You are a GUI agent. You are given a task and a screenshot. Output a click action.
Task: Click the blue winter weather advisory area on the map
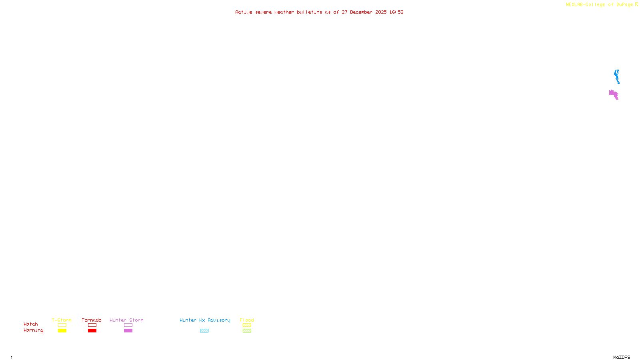click(x=617, y=76)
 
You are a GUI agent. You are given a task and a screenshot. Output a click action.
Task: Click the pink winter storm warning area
click(x=613, y=94)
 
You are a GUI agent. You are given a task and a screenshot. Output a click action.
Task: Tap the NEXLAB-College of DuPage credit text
click(x=599, y=5)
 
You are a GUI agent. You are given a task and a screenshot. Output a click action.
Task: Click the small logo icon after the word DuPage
click(x=636, y=4)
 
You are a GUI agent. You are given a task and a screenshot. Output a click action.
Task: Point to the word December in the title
click(x=361, y=12)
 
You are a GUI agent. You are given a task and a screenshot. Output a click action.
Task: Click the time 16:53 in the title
click(x=396, y=12)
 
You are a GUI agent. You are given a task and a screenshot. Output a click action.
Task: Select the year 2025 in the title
click(x=381, y=12)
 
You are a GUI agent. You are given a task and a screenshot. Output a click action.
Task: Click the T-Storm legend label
click(x=62, y=320)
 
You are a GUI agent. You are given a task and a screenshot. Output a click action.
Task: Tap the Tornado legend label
click(x=92, y=320)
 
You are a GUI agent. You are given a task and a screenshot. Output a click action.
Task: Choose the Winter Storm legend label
click(x=126, y=320)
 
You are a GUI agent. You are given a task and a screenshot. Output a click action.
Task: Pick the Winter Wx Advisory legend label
click(x=205, y=320)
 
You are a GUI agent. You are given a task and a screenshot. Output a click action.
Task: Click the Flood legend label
click(x=247, y=320)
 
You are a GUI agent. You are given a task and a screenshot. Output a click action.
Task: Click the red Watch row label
click(x=31, y=324)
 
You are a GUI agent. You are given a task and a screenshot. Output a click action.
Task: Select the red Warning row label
click(x=33, y=330)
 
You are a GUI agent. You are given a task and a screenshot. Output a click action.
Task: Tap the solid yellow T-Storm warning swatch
click(x=62, y=331)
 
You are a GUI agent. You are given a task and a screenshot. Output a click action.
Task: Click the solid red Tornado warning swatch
click(x=92, y=331)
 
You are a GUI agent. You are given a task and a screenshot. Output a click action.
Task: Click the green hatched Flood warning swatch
click(x=247, y=331)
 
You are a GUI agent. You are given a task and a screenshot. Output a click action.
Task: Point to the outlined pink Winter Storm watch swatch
click(x=128, y=325)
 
